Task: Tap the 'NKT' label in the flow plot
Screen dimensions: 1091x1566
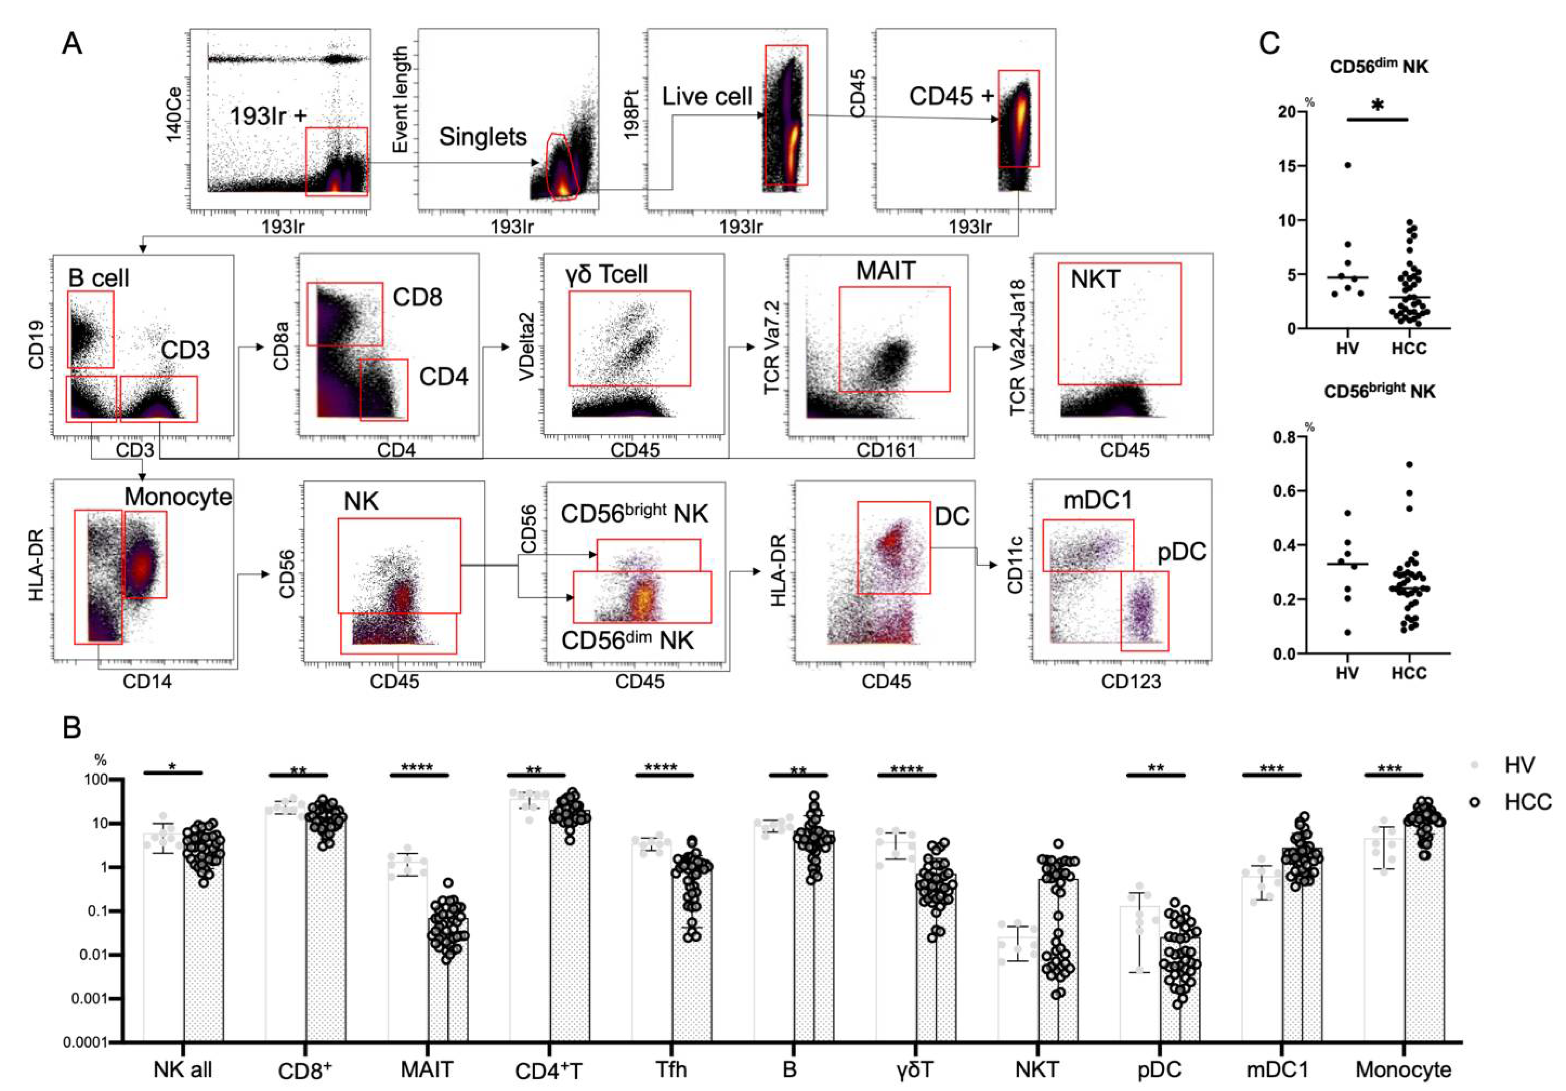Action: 1096,279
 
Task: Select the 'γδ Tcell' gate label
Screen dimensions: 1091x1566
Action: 606,274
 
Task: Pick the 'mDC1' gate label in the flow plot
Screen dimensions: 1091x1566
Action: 1097,501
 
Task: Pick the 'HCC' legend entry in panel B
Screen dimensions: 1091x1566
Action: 1527,802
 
